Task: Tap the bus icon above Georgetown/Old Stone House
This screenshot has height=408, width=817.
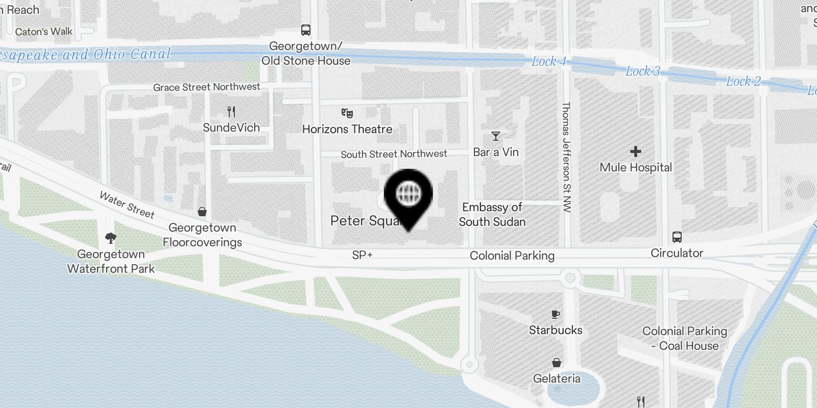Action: [306, 30]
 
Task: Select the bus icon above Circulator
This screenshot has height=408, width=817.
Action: [677, 237]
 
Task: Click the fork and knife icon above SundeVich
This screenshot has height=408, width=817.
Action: [231, 112]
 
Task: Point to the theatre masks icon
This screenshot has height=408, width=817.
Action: [347, 113]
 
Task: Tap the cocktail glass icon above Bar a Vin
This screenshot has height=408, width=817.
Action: [495, 136]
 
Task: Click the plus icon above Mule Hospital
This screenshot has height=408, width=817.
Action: [636, 151]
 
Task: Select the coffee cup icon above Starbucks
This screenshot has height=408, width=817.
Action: [556, 315]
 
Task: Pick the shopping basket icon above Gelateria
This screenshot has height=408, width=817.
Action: [557, 363]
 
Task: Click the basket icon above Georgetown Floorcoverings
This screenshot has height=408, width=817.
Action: [202, 212]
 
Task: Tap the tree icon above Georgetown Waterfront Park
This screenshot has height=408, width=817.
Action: [110, 238]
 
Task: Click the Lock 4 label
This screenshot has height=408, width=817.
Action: [548, 62]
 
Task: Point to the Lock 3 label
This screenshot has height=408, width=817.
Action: [642, 71]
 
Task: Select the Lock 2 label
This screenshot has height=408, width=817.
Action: [743, 82]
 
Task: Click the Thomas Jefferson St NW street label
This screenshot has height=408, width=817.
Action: [566, 157]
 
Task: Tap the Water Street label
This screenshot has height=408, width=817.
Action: [127, 205]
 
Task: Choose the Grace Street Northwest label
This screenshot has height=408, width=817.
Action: [206, 87]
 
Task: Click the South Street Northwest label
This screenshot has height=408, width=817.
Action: [394, 154]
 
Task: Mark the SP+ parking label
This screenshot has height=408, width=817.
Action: [362, 255]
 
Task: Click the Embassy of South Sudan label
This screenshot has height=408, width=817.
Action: [492, 214]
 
